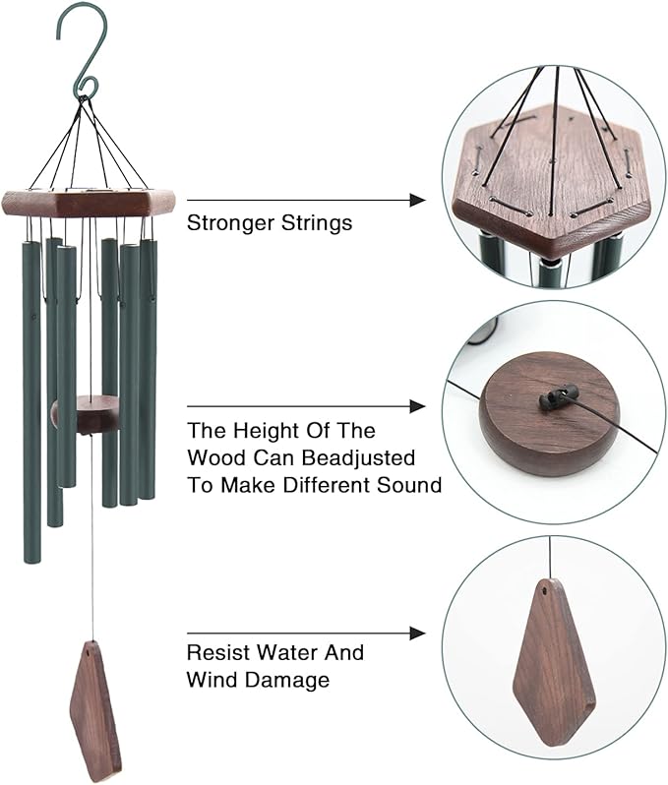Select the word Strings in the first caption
[x=318, y=223]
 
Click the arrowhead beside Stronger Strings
[x=417, y=200]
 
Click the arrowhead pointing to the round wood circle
[x=417, y=406]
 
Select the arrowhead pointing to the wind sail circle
[x=417, y=634]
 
